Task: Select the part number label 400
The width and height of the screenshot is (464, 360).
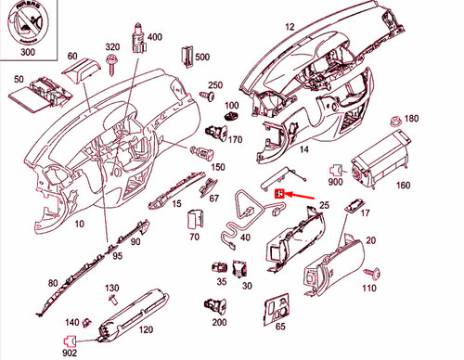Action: [154, 37]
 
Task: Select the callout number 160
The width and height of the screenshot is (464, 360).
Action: [403, 186]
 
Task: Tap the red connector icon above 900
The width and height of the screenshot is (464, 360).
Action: [336, 170]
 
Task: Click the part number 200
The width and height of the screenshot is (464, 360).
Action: [219, 322]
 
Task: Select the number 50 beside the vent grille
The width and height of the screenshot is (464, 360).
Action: [17, 80]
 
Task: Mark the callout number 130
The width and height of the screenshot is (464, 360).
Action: [111, 288]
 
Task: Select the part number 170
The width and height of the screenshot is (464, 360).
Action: [235, 140]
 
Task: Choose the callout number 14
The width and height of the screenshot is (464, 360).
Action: [303, 148]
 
